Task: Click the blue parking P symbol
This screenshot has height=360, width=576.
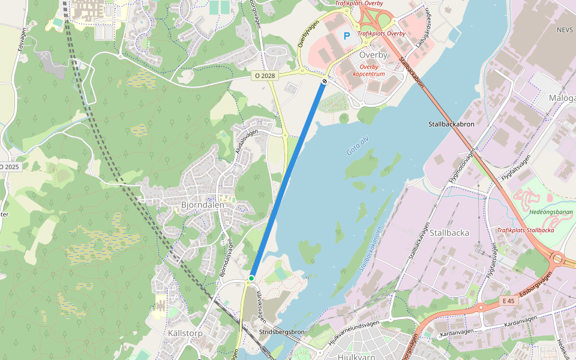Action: coord(346,36)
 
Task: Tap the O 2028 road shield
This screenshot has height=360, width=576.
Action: coord(264,76)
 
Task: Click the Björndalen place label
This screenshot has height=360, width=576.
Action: coord(202,205)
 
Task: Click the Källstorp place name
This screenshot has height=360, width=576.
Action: coord(185,333)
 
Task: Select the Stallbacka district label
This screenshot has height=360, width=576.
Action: coord(449,232)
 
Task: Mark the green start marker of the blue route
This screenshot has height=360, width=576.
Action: coord(251,278)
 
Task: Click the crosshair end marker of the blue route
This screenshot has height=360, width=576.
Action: coord(325,80)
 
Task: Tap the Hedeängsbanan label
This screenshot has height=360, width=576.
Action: coord(551,212)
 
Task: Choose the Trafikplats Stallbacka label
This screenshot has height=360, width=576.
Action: coord(525,230)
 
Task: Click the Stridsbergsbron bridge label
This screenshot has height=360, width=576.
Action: coord(282,332)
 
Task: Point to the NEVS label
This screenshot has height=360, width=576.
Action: coord(565,29)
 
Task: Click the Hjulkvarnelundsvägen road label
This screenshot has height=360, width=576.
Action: coord(354,331)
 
